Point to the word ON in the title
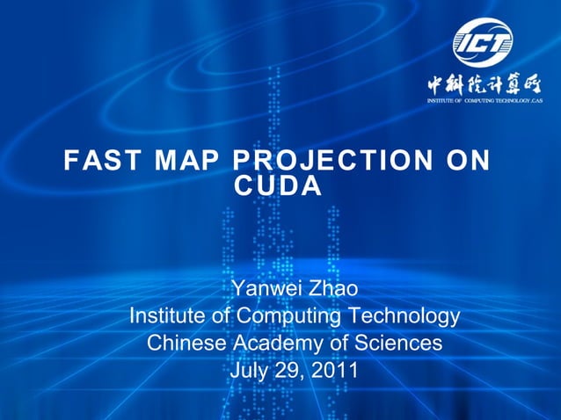coord(466,162)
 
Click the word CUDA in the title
coord(279,186)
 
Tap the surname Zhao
coord(331,288)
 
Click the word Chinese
coord(186,343)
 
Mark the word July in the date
coord(248,371)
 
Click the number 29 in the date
coord(287,371)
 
